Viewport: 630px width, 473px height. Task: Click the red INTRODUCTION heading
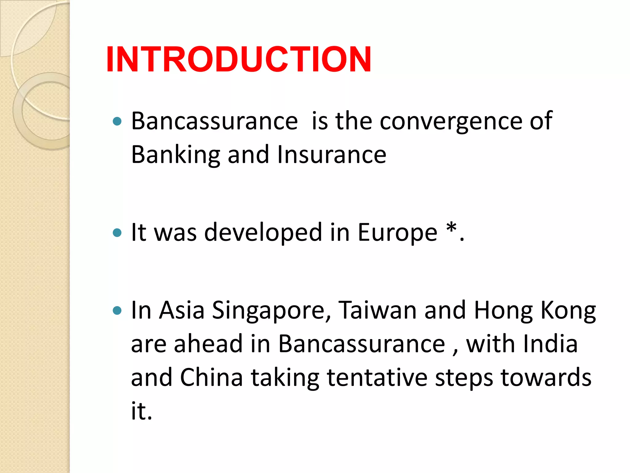[x=238, y=59]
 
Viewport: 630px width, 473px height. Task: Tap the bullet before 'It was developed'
[x=117, y=232]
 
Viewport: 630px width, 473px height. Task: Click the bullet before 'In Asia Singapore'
[x=117, y=310]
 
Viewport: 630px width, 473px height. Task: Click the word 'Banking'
[x=175, y=155]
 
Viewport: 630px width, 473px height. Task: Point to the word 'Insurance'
[x=331, y=155]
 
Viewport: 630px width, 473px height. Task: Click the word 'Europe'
[x=397, y=232]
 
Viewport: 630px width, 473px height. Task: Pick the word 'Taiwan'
[x=377, y=310]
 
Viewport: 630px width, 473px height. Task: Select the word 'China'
[x=211, y=377]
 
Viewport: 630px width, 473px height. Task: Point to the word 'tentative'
[x=377, y=377]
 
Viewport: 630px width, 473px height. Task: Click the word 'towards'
[x=546, y=377]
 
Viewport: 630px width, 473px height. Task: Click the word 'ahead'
[x=208, y=344]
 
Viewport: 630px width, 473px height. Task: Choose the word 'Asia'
[x=181, y=310]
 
